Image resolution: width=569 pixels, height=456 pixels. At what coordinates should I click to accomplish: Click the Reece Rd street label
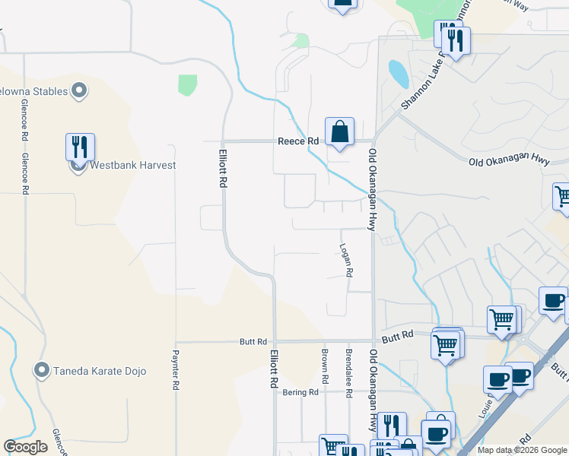click(x=298, y=141)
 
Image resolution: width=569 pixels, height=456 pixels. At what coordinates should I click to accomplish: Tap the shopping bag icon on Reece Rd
click(x=339, y=131)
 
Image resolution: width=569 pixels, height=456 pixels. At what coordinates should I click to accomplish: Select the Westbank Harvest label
click(x=133, y=165)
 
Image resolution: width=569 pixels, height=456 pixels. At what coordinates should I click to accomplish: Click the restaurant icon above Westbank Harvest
click(x=80, y=147)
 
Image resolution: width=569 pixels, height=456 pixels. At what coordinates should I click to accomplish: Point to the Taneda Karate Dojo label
click(x=100, y=372)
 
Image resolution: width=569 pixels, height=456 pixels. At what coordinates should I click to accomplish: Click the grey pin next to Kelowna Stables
click(x=79, y=92)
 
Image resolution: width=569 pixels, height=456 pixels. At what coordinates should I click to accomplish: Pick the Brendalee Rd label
click(x=348, y=373)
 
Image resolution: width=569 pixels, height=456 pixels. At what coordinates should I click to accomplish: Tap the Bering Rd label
click(x=302, y=392)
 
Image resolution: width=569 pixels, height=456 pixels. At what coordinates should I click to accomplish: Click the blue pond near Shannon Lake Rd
click(x=397, y=74)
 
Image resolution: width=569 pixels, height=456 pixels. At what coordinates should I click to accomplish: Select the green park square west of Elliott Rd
click(x=187, y=84)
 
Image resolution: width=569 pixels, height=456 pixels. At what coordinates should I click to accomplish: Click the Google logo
click(x=26, y=447)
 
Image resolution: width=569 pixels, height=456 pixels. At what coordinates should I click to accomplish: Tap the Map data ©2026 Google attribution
click(x=521, y=450)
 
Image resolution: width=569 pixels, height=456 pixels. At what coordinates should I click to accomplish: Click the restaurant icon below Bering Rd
click(x=391, y=425)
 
